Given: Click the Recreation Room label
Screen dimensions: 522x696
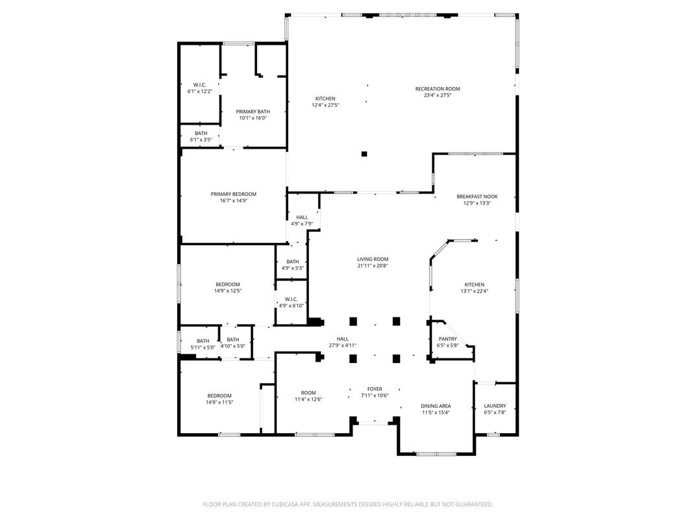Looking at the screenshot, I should coord(438,89).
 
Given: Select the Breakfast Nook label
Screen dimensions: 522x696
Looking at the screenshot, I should coord(477,197).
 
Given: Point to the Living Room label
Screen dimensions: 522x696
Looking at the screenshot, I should coord(373,259).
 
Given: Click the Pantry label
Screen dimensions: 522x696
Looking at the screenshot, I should coord(448,339).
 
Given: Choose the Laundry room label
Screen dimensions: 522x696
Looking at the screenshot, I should coord(495,406).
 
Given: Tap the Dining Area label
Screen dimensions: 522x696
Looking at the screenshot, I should coord(436,406).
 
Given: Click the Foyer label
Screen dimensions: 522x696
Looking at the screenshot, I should coord(375,389).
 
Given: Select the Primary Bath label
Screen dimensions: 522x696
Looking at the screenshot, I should coord(253,112).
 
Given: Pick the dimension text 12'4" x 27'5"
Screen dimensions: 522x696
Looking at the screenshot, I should coord(325,105).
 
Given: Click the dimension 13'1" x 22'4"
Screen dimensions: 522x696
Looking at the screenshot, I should coord(474,292).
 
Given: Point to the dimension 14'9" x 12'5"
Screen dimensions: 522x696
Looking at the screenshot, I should coord(228,291).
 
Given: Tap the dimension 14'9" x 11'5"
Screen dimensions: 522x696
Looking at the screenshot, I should coord(219,403).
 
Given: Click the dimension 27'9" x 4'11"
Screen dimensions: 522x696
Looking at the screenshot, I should coord(342,345).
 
